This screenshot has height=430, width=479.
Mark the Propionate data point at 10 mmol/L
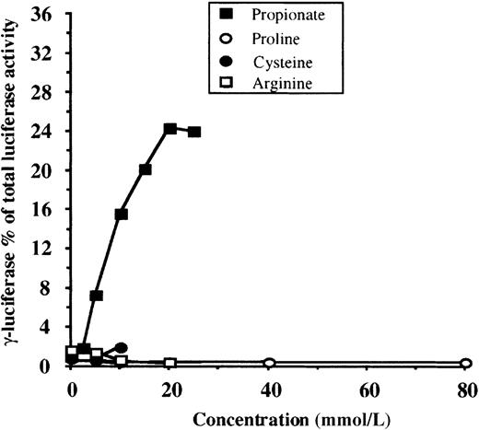[x=121, y=214]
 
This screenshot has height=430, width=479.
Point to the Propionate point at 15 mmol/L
[x=146, y=169]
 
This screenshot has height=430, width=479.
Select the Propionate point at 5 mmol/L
[x=97, y=296]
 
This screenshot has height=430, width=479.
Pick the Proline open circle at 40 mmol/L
[x=269, y=363]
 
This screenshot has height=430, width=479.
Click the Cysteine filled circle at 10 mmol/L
[x=122, y=347]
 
